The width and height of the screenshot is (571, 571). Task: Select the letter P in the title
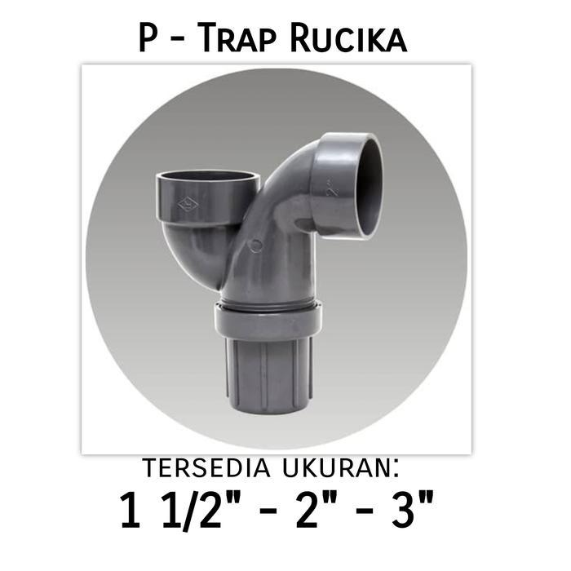coord(148,38)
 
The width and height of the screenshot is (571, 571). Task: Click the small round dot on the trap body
coord(256,246)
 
